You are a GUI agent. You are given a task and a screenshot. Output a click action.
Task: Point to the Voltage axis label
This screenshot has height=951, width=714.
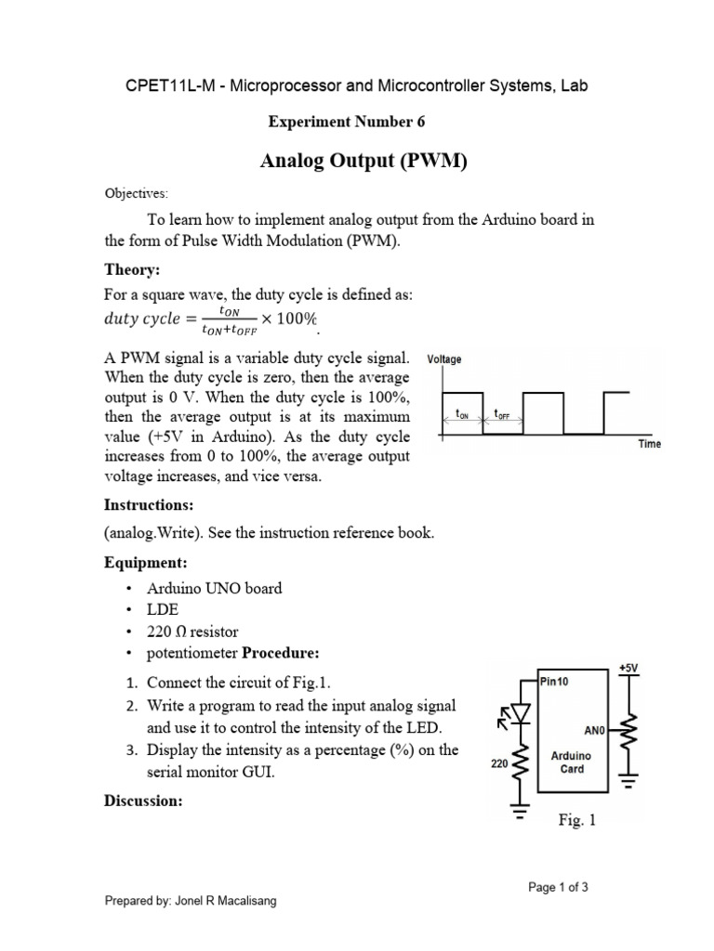tap(443, 359)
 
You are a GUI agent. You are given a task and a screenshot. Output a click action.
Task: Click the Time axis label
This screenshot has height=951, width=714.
tap(650, 444)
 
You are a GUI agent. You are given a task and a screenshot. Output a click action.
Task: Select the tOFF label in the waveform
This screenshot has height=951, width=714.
tap(502, 414)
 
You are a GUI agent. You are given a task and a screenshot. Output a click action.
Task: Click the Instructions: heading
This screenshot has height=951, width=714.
tap(148, 506)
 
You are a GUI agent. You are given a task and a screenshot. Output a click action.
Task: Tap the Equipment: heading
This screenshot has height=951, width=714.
tap(144, 563)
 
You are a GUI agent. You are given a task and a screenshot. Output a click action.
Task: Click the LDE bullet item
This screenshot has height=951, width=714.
tap(164, 609)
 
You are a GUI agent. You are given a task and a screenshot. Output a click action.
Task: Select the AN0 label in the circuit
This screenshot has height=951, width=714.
tap(594, 730)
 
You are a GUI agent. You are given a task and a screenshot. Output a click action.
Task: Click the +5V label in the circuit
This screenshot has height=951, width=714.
tap(629, 667)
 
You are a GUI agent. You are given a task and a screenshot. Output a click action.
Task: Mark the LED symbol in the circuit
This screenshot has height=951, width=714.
tap(520, 714)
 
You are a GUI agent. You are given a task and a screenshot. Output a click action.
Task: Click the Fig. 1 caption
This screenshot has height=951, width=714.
tap(576, 820)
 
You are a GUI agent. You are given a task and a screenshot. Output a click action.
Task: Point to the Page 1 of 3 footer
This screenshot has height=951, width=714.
tap(558, 887)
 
